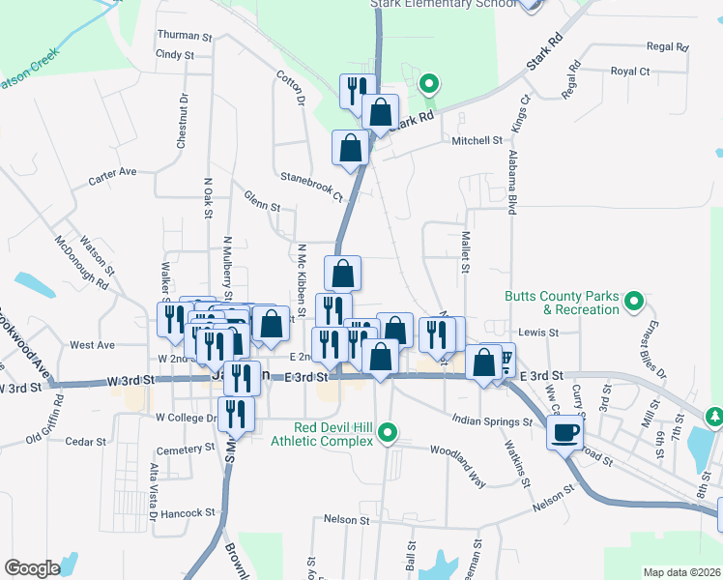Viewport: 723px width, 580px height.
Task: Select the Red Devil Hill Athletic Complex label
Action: (334, 435)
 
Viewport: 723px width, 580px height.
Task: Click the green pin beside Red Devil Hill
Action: (389, 431)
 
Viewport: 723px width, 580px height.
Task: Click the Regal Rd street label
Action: (667, 46)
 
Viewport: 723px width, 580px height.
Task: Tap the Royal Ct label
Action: (630, 72)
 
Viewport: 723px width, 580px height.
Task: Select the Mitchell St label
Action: (477, 141)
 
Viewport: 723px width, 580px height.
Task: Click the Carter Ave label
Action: (112, 173)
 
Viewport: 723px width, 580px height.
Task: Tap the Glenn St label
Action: (262, 206)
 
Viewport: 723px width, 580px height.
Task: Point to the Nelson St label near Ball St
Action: (348, 520)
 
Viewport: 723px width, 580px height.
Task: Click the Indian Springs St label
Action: (494, 421)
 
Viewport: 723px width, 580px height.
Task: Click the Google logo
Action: (31, 568)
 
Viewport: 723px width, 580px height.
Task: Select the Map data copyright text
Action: (682, 572)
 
